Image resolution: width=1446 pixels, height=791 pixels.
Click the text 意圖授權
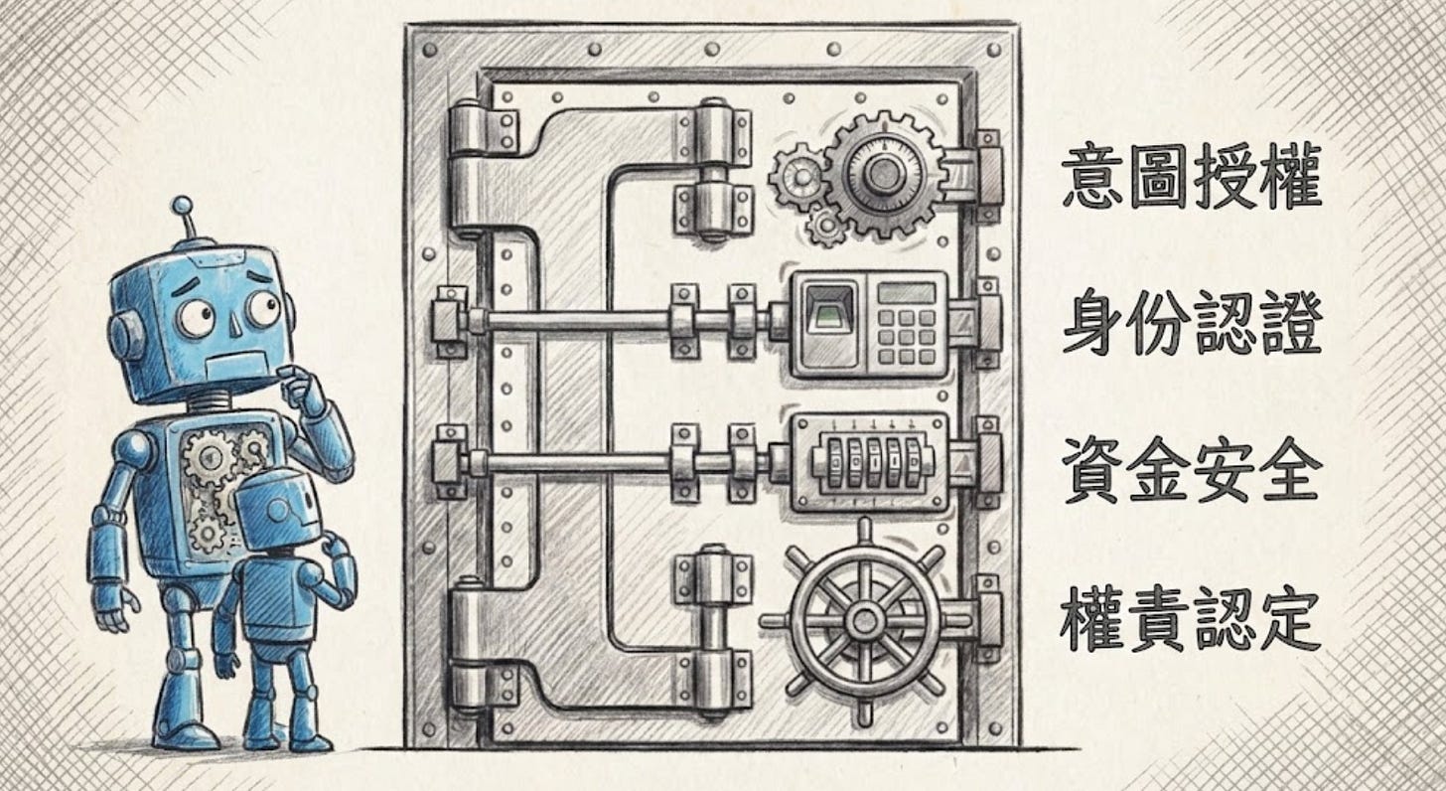[1191, 180]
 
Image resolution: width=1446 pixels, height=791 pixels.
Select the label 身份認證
[1191, 327]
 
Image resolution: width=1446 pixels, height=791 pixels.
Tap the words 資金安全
[1191, 469]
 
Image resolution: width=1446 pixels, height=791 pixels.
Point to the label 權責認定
[1191, 617]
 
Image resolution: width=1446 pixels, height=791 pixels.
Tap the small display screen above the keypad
[906, 293]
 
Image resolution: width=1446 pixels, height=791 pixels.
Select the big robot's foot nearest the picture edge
[185, 734]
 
